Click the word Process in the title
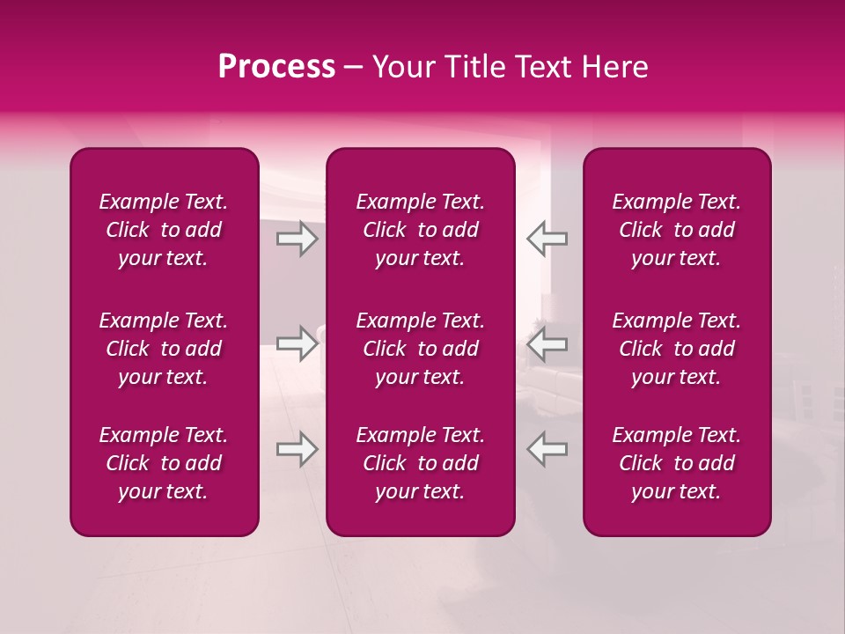point(276,67)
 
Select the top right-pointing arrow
point(297,239)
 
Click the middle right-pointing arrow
point(297,343)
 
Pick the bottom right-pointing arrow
point(297,449)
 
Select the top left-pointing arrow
point(547,239)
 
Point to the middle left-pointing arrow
point(547,343)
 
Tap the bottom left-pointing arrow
point(547,449)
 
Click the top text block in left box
point(164,230)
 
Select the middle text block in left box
point(164,349)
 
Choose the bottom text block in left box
point(164,463)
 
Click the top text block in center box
point(421,230)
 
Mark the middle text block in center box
point(421,349)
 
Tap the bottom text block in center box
point(421,463)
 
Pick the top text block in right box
point(677,230)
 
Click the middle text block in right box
point(677,349)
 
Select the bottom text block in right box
point(677,463)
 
